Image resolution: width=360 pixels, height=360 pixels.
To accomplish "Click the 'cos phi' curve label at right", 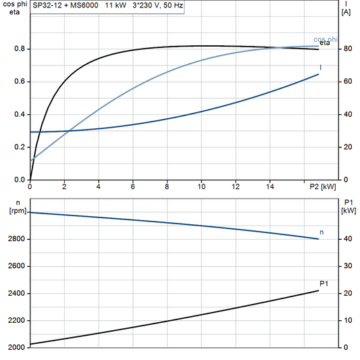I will click(x=326, y=39).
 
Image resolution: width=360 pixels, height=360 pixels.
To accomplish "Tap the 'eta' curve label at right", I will click(x=324, y=45).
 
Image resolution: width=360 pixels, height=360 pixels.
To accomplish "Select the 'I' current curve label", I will click(x=320, y=68).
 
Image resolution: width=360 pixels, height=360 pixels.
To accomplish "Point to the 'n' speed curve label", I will click(x=322, y=232).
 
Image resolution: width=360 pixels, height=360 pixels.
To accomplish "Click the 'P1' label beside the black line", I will click(x=324, y=283).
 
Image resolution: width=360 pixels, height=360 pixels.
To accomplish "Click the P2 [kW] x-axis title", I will click(x=323, y=186).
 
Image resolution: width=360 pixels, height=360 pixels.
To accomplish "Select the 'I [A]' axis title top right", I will click(x=346, y=8).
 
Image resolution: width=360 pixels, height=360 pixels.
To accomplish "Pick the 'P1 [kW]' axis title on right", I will click(x=349, y=205).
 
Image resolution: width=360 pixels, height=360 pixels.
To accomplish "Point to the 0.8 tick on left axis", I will click(x=20, y=49).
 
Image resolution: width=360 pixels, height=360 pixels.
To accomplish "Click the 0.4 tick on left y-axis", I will click(x=20, y=115).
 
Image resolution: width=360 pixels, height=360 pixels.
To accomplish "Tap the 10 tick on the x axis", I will click(x=201, y=186).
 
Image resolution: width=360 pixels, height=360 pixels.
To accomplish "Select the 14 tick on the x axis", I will click(x=269, y=186).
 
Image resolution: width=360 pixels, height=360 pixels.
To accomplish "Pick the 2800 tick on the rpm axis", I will click(x=16, y=239).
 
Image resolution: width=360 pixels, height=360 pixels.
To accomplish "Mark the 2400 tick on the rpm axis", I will click(x=16, y=294).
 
